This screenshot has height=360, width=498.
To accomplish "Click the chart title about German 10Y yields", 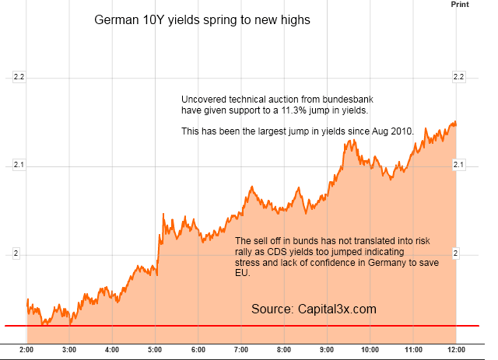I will pos(202,20).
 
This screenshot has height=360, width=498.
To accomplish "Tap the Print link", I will pos(460,5).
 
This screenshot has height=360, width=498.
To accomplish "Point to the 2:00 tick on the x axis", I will pos(27,350).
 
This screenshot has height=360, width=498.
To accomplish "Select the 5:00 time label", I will pos(155,350).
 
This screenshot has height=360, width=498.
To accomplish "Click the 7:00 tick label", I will pos(240,350).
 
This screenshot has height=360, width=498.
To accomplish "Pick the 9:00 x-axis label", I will pos(327,350).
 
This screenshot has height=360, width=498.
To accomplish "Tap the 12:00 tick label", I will pos(456,350).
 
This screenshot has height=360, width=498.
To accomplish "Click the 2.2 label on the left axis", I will pos(19,78).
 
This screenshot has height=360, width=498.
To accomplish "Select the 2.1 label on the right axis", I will pos(458,165).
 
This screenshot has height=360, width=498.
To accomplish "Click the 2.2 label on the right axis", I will pos(458,78).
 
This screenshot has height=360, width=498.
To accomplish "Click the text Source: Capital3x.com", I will pos(314,309).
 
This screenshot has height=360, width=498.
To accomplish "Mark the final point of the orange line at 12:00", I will pos(455,123).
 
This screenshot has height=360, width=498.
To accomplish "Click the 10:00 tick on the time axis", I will pos(370,350).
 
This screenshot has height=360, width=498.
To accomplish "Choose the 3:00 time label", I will pos(69,350).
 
